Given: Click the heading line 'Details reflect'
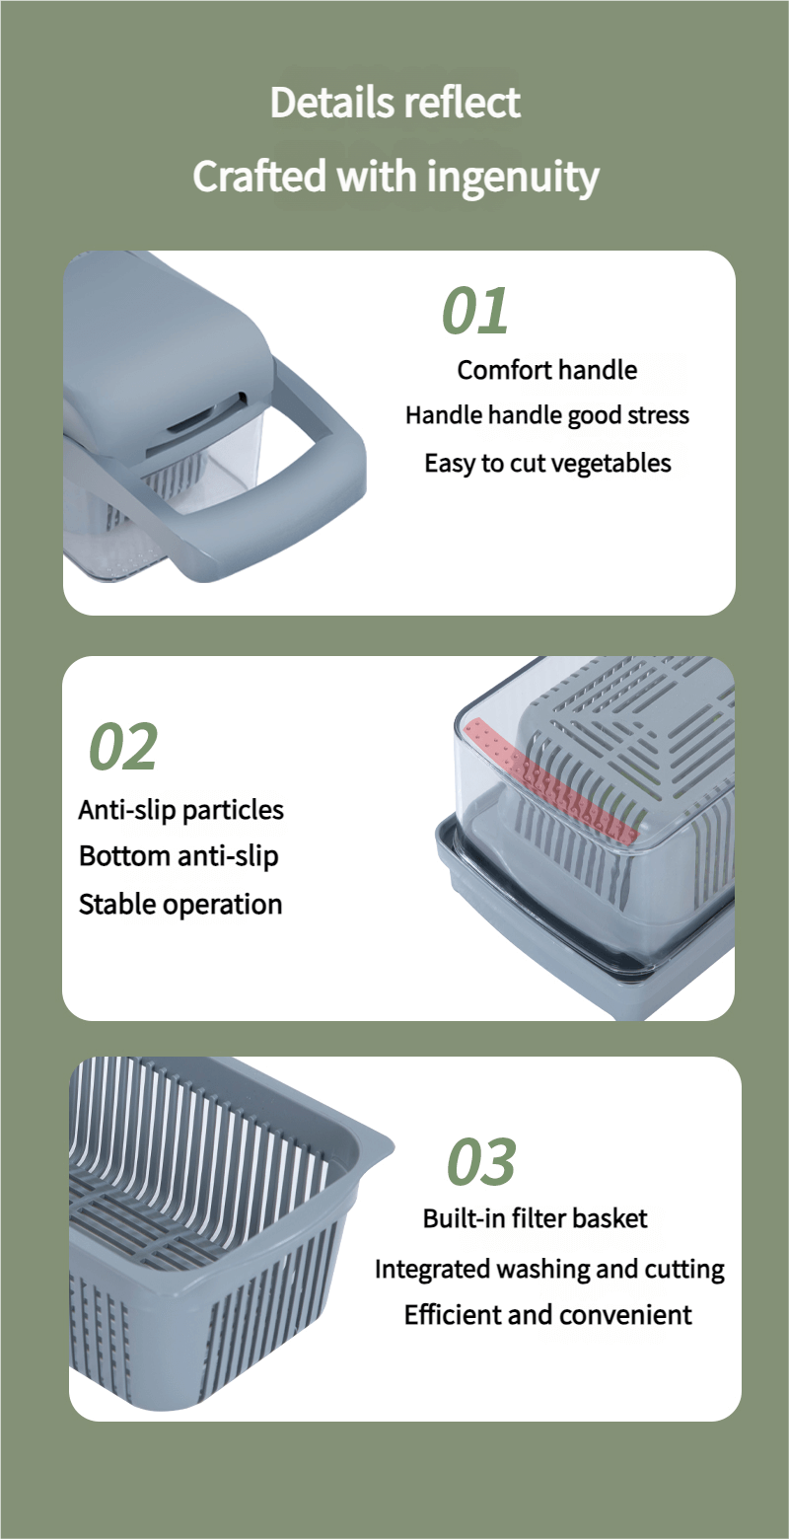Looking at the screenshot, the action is [x=394, y=103].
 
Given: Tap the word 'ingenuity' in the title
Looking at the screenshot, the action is [x=513, y=178].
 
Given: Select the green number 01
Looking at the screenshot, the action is [x=475, y=311].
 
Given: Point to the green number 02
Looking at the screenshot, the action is [x=123, y=746].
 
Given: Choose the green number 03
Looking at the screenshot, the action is [x=481, y=1161].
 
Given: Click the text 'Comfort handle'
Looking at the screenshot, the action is [x=547, y=370].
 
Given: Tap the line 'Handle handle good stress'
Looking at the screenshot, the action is [x=547, y=415].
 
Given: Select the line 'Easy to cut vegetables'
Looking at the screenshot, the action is [x=547, y=463].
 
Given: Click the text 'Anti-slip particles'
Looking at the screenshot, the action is [x=180, y=811].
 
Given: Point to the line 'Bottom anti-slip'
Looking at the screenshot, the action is [x=179, y=856].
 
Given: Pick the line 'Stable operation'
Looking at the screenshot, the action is [x=180, y=904].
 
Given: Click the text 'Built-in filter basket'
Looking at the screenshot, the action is [x=535, y=1218].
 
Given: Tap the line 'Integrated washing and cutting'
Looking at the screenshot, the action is [x=549, y=1269].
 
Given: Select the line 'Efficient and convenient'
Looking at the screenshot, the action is [x=547, y=1314].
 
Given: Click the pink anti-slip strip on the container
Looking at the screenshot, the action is [x=549, y=780].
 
